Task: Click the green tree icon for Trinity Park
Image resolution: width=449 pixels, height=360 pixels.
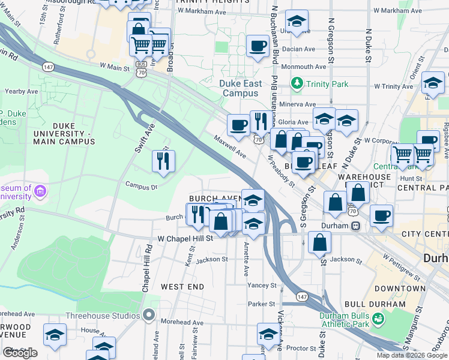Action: (x=297, y=84)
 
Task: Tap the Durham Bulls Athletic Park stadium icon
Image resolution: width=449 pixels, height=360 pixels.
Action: (x=378, y=319)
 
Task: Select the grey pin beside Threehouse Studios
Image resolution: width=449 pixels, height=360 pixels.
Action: (x=149, y=315)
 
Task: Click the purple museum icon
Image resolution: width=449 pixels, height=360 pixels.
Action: (x=40, y=191)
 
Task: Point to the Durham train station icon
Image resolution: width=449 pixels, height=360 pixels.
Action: (x=356, y=226)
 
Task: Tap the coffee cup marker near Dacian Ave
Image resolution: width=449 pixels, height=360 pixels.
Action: (x=258, y=46)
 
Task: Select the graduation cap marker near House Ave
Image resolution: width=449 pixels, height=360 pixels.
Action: (x=55, y=335)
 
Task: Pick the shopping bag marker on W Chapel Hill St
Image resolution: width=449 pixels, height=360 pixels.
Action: (x=320, y=242)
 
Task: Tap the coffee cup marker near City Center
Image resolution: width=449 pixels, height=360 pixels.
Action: (x=381, y=215)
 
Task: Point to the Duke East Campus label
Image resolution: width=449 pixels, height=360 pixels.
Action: (x=241, y=88)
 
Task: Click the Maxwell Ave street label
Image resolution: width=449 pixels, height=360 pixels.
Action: (x=231, y=146)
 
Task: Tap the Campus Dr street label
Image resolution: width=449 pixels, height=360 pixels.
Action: (x=141, y=185)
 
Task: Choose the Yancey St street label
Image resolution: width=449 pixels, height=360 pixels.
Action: (x=261, y=286)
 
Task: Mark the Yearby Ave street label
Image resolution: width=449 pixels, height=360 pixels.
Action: (x=22, y=91)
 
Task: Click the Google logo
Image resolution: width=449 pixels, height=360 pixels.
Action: (x=20, y=353)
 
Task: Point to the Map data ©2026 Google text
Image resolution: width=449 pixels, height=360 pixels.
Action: (x=411, y=355)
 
